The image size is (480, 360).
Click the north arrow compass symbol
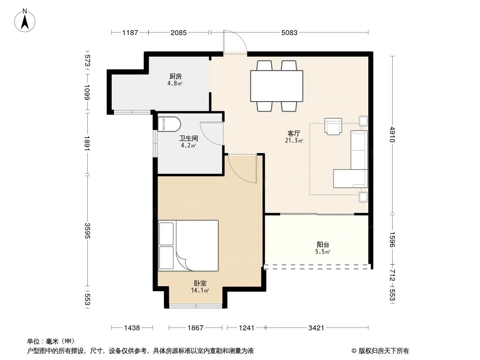(25, 21)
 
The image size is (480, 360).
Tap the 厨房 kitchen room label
(176, 76)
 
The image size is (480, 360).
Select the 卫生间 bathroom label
(188, 138)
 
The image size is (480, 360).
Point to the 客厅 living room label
(294, 133)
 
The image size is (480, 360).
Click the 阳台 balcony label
(323, 245)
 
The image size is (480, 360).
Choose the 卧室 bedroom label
(200, 283)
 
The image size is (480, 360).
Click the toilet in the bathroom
(169, 124)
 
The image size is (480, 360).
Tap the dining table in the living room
(277, 86)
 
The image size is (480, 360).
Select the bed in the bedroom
(188, 246)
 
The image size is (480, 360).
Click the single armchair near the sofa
(333, 126)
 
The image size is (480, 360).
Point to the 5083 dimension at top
(289, 32)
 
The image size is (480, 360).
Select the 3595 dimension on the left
(87, 231)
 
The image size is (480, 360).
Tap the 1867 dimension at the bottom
(195, 328)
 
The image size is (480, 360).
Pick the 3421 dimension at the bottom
(316, 328)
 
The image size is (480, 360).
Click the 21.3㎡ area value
(294, 141)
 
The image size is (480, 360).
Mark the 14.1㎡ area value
(200, 291)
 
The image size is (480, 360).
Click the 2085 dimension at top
(178, 32)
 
